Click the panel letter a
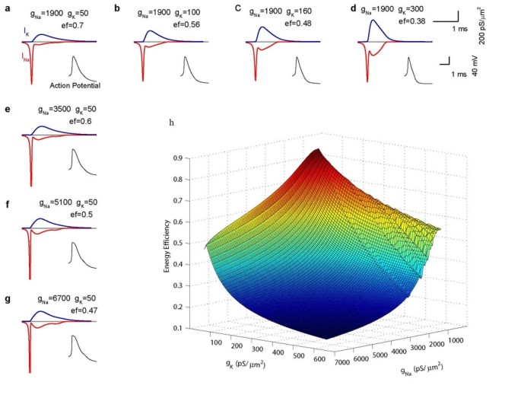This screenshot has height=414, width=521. coord(8,9)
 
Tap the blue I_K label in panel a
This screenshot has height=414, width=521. coord(27,32)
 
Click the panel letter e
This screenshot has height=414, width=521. coord(8,110)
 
